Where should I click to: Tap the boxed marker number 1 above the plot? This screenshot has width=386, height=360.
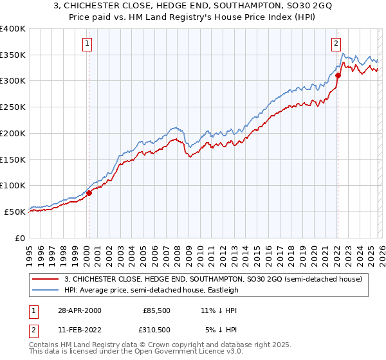coord(87,44)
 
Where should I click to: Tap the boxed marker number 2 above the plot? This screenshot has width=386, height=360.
coord(336,44)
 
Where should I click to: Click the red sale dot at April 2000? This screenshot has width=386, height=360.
coord(89,193)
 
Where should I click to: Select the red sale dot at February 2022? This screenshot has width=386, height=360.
coord(338,75)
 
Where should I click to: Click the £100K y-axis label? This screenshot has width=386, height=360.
coord(13,186)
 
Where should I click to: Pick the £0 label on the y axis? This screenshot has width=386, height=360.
coord(21,238)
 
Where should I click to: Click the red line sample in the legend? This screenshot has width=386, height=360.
coord(46,280)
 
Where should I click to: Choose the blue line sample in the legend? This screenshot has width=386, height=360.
coord(46,291)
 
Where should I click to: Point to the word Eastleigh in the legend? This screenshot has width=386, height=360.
coord(221,291)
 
